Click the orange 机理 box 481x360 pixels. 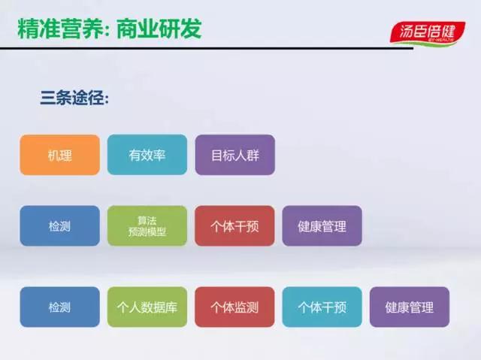[60, 155]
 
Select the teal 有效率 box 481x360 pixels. [147, 155]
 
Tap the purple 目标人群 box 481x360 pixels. [235, 155]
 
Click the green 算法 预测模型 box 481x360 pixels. [147, 225]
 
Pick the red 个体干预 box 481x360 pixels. [234, 225]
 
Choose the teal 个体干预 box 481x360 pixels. [322, 307]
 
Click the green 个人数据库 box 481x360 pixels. [147, 307]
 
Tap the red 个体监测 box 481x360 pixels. [234, 307]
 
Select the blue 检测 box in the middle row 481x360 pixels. [60, 225]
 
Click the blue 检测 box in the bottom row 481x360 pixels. [60, 307]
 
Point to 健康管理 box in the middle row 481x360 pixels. [322, 225]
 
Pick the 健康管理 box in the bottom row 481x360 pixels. [410, 307]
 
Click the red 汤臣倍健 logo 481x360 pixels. [428, 32]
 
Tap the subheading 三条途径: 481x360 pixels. [74, 98]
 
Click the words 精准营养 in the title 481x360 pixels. [60, 29]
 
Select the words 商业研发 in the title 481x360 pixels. [159, 29]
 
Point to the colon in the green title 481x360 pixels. [110, 31]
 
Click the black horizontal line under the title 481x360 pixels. [207, 48]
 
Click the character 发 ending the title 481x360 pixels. [191, 29]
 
